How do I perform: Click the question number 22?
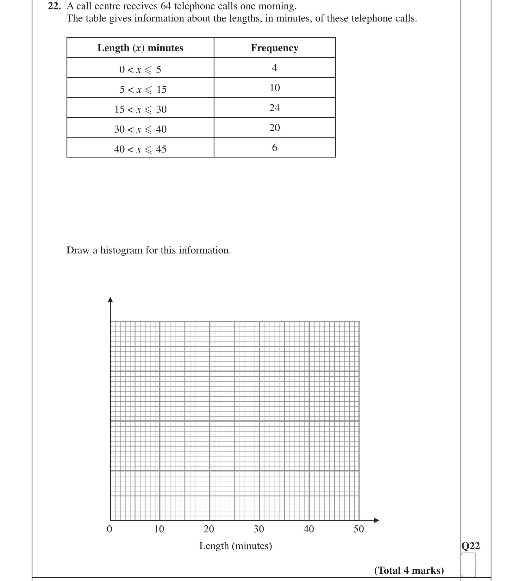coord(54,6)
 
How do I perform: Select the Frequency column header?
coord(274,48)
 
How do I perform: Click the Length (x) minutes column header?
coord(140,48)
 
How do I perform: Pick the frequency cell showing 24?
coord(274,108)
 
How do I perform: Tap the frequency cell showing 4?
coord(274,68)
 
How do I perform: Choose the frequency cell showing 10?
coord(274,88)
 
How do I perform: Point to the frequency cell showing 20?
coord(274,128)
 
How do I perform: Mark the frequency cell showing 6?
coord(274,148)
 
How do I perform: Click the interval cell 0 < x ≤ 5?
coord(140,69)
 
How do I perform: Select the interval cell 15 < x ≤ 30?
coord(140,109)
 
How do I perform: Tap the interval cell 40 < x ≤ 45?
coord(140,149)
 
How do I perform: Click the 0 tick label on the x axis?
coord(109,529)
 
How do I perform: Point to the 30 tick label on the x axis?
coord(259,529)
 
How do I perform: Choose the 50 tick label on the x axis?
coord(359,529)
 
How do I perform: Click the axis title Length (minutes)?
coord(235,546)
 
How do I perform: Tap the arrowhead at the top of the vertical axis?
coord(110,299)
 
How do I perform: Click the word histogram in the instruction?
coord(122,250)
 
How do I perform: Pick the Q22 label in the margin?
coord(470,546)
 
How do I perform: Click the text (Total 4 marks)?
coord(409,570)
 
